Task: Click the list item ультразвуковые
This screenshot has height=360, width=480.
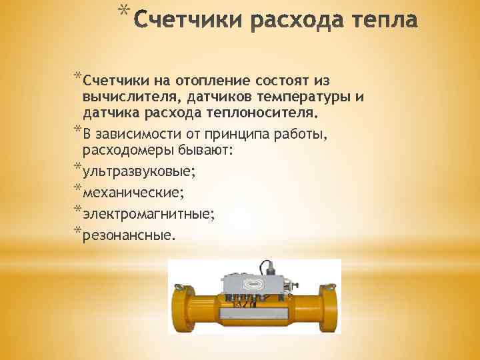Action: (x=139, y=171)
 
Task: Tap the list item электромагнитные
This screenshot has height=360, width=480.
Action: (x=149, y=214)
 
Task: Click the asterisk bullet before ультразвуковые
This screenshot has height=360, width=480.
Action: (x=78, y=167)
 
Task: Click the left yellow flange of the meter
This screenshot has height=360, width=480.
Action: (x=183, y=307)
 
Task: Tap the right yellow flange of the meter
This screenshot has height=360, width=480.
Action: (x=327, y=307)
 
